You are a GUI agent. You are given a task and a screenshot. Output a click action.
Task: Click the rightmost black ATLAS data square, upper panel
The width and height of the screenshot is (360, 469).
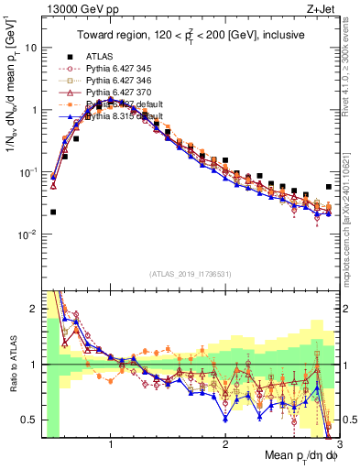[329, 187]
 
